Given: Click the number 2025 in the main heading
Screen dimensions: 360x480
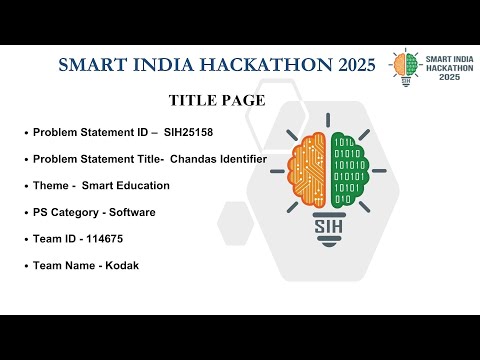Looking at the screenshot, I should tap(349, 65).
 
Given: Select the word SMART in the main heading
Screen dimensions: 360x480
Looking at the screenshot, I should tap(92, 65).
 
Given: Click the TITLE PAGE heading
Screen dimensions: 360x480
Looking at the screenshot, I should tap(217, 100).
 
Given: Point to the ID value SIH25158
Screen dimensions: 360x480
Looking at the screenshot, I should tap(189, 132).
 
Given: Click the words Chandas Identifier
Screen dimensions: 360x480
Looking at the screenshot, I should tap(218, 159).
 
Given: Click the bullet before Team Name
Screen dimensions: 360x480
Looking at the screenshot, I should tap(25, 266).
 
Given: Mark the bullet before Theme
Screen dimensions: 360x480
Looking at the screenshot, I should tap(25, 186).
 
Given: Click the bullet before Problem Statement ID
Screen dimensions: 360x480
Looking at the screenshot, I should tap(25, 133).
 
